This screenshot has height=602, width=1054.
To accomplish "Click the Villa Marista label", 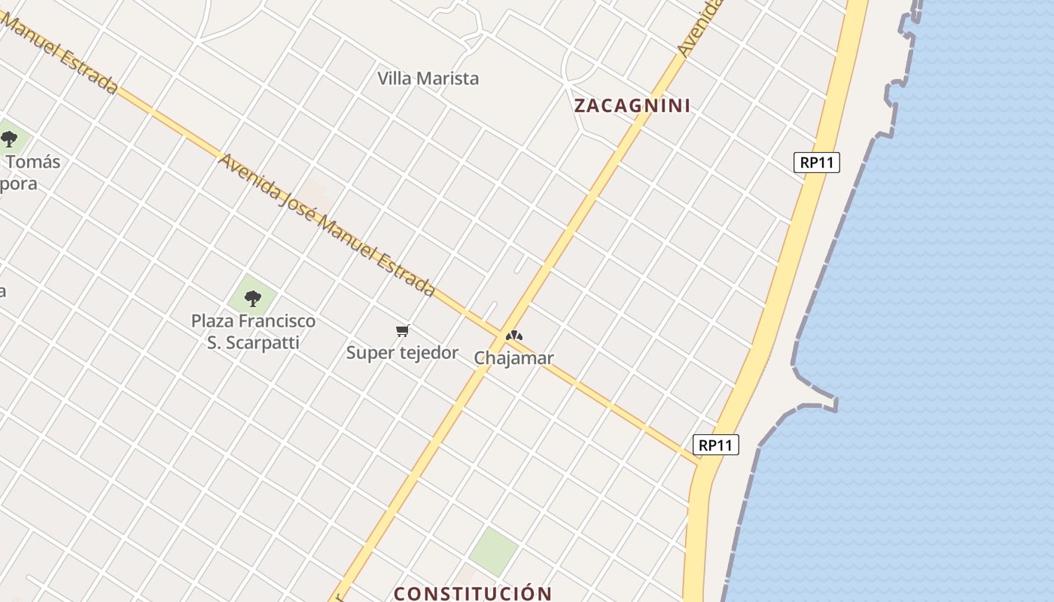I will click(428, 78).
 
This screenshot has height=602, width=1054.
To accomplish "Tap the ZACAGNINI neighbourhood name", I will click(632, 106).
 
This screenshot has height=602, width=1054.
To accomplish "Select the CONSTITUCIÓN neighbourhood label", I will click(473, 593).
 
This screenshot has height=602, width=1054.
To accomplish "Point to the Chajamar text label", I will click(513, 358).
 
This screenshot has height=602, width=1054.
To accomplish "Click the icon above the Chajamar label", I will click(513, 336).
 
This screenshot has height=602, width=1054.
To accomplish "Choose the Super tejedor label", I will click(402, 352).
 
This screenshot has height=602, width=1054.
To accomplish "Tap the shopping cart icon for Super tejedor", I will click(402, 331).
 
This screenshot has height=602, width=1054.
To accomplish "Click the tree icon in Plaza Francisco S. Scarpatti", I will click(253, 299).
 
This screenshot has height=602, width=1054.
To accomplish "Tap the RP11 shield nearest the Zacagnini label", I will click(816, 163).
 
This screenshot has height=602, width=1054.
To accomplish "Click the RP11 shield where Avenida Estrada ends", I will click(715, 445).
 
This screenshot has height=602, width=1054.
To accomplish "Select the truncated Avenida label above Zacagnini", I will click(699, 29).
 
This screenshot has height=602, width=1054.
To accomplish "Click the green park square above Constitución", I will click(493, 549).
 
